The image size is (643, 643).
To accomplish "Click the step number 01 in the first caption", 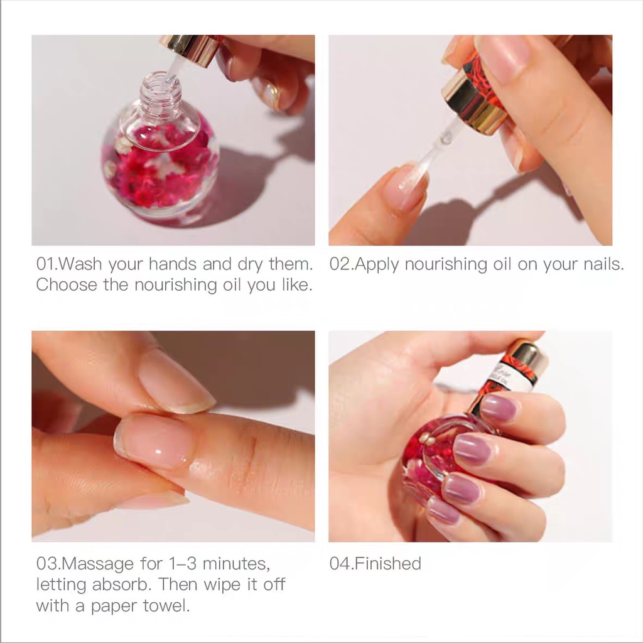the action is click(45, 264).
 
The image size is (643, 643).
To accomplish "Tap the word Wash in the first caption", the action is click(81, 264).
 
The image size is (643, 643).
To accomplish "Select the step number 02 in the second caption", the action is click(339, 264).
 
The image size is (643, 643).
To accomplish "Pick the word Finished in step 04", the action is click(387, 564).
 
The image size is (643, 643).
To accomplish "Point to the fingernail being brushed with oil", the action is click(407, 185).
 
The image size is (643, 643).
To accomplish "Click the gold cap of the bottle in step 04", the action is click(527, 355).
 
